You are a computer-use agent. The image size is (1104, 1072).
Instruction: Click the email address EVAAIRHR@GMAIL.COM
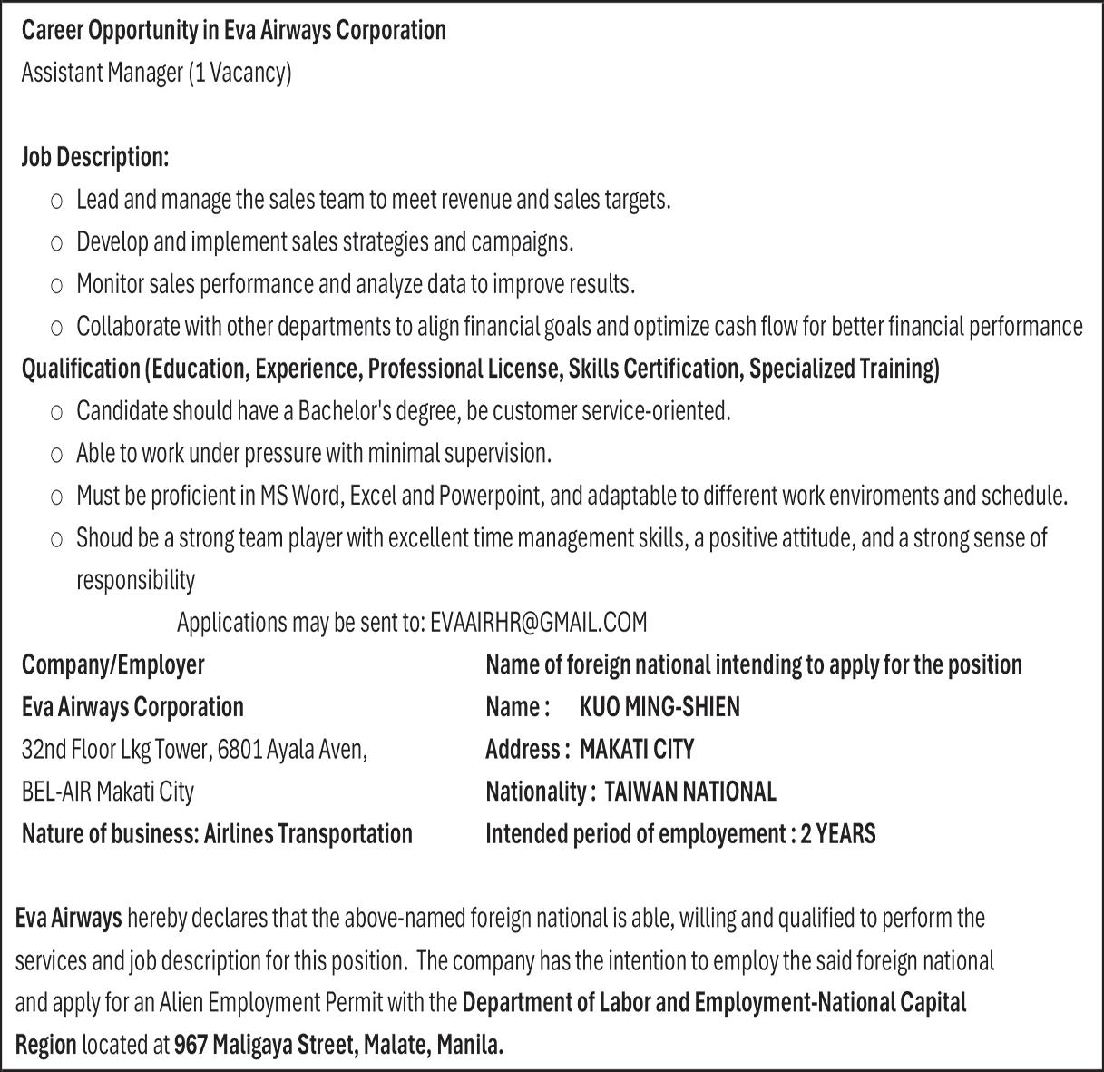(539, 623)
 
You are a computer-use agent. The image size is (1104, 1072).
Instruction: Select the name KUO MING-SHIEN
(659, 707)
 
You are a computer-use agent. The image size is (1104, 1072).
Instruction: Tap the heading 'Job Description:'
(95, 157)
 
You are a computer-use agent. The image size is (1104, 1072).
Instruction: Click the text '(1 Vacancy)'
(239, 73)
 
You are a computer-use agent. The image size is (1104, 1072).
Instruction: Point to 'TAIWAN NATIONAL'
(689, 792)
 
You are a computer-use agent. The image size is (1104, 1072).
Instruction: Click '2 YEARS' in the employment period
(838, 833)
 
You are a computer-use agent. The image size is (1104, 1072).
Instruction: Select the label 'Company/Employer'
(113, 664)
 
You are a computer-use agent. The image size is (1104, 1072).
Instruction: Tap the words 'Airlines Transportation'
(308, 833)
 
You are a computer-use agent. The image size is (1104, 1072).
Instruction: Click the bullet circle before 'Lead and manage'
(57, 201)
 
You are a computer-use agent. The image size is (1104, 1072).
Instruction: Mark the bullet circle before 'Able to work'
(57, 454)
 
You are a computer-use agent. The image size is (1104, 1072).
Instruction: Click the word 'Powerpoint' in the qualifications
(490, 496)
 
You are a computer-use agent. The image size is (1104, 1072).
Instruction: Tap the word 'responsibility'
(135, 580)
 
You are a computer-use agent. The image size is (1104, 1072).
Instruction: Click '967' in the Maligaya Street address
(191, 1045)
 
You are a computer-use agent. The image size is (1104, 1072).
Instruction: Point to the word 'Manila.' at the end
(470, 1045)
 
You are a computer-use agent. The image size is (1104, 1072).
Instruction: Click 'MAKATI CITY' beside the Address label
(637, 750)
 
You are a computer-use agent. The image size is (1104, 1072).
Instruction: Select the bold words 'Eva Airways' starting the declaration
(69, 919)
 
